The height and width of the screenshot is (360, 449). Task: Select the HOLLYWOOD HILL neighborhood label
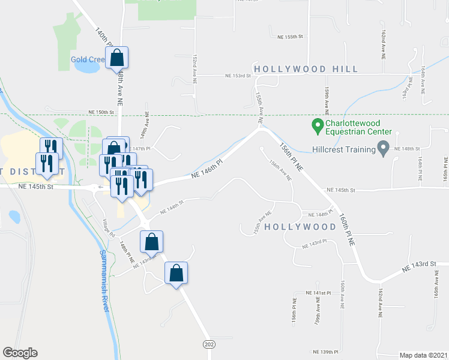point(306,69)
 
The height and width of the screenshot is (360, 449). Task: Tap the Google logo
point(20,353)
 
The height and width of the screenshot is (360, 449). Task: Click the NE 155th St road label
point(287,37)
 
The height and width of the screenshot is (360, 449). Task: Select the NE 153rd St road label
point(237,76)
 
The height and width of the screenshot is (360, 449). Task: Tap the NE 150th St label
point(100,112)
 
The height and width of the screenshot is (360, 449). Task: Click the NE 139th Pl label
point(325,352)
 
